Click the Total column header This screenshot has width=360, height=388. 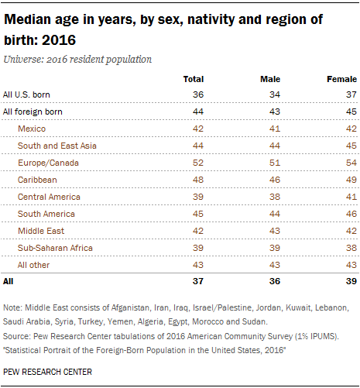[194, 79]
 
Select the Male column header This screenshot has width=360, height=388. [270, 79]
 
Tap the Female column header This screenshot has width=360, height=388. [341, 79]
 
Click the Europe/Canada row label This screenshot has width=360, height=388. [48, 163]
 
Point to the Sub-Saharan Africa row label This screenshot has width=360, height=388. [55, 248]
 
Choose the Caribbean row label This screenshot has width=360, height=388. [37, 180]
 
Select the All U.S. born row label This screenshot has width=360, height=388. [26, 94]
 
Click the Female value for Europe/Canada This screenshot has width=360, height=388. [351, 163]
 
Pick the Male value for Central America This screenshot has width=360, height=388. [275, 197]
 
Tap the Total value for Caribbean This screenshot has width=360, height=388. [198, 180]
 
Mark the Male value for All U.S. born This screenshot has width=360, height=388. [275, 94]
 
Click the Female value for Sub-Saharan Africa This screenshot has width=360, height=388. [351, 248]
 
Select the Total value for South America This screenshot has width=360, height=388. [198, 214]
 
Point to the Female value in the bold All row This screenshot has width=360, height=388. [351, 281]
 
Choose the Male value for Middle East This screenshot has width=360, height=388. [275, 231]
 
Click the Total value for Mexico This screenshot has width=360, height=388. [198, 129]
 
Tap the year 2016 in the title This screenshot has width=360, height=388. [59, 40]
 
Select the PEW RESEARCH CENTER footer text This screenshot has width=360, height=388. [47, 372]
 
